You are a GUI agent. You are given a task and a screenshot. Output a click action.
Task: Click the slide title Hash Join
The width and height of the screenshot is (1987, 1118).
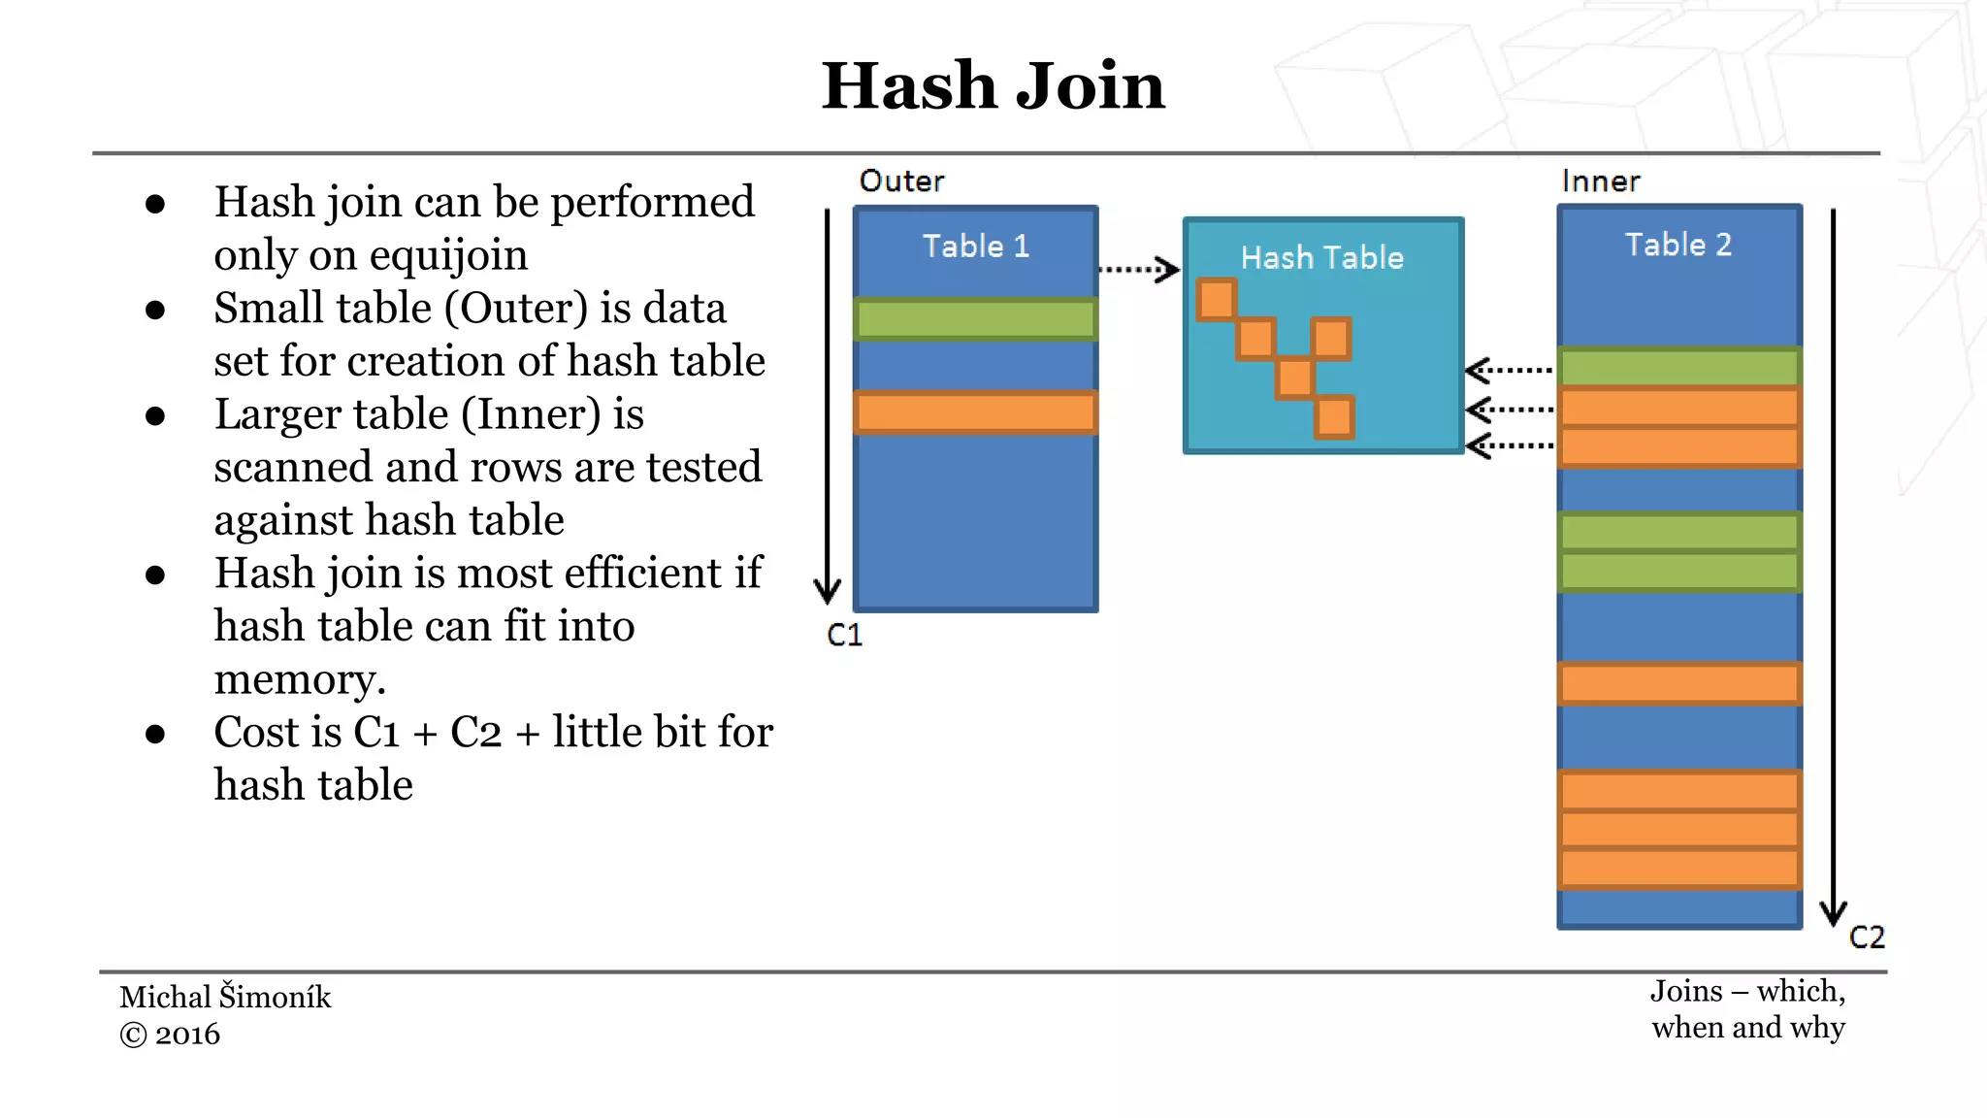993,85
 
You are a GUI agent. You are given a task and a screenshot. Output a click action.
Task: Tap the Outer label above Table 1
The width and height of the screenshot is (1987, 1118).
901,181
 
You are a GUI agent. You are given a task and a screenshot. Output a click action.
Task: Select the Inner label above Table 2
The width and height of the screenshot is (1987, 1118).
1601,181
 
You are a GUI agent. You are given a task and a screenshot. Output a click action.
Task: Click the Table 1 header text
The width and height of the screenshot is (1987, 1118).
975,247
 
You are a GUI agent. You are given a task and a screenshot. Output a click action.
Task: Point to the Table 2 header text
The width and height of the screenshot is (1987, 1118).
1678,245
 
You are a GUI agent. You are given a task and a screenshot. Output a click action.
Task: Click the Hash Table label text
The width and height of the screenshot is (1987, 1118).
1321,258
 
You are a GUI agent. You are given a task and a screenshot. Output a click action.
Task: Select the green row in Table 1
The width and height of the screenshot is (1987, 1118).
975,319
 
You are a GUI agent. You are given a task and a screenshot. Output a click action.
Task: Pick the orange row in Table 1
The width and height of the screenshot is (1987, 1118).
975,412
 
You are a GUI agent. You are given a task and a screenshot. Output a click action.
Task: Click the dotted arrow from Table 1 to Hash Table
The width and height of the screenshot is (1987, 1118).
1138,269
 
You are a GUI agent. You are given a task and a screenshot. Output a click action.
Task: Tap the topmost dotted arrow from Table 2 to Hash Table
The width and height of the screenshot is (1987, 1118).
1509,370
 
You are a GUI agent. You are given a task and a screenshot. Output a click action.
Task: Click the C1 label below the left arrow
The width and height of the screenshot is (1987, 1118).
844,635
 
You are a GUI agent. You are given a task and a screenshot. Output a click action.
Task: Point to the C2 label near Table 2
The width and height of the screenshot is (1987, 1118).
1867,937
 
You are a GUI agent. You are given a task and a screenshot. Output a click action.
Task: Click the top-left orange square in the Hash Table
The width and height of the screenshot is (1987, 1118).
1217,299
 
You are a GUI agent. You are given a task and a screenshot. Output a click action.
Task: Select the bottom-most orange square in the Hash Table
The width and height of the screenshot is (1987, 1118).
1334,417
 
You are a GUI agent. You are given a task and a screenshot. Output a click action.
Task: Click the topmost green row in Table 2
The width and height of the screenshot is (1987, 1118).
1678,368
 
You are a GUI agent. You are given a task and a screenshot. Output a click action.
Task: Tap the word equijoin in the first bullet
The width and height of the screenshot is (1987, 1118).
448,255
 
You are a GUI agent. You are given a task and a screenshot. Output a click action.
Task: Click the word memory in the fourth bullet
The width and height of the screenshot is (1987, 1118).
299,679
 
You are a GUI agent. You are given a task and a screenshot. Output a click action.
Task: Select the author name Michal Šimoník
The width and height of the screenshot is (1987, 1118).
225,997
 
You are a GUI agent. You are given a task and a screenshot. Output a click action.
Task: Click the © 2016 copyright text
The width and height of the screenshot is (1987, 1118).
170,1035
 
